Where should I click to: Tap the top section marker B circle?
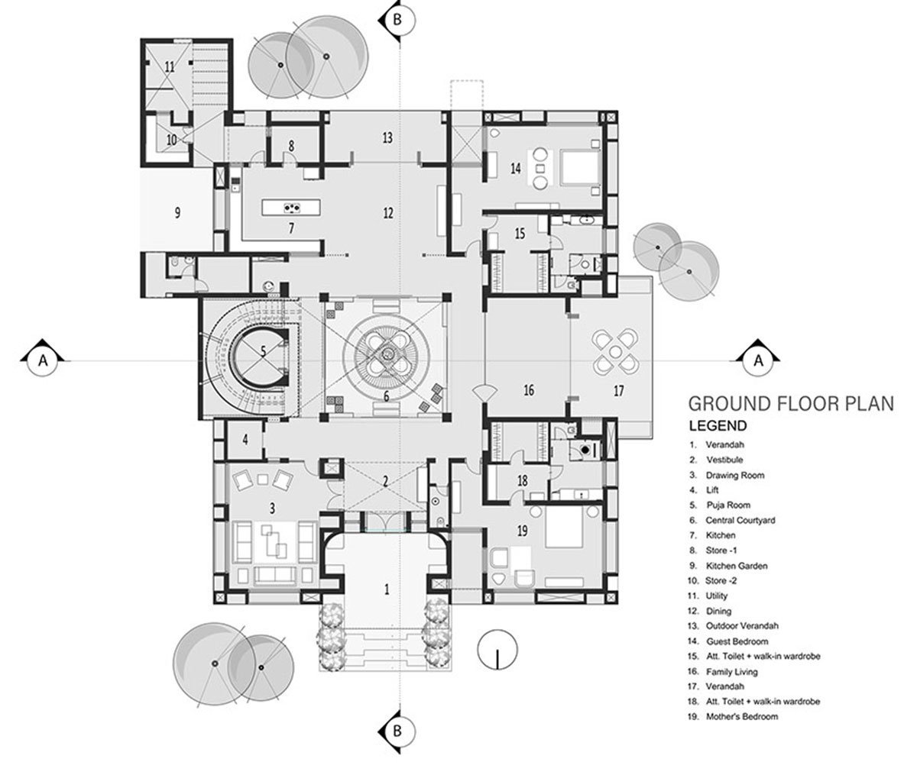tap(397, 19)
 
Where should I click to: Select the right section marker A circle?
tap(758, 360)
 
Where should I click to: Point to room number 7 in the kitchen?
tap(290, 228)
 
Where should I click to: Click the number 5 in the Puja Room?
tap(263, 352)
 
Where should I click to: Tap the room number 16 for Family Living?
tap(528, 390)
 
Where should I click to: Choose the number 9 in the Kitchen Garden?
tap(177, 212)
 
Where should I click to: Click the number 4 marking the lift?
tap(245, 439)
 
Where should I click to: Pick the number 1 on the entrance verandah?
tap(387, 589)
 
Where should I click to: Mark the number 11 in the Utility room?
tap(169, 67)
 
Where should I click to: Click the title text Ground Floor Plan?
tap(790, 403)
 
